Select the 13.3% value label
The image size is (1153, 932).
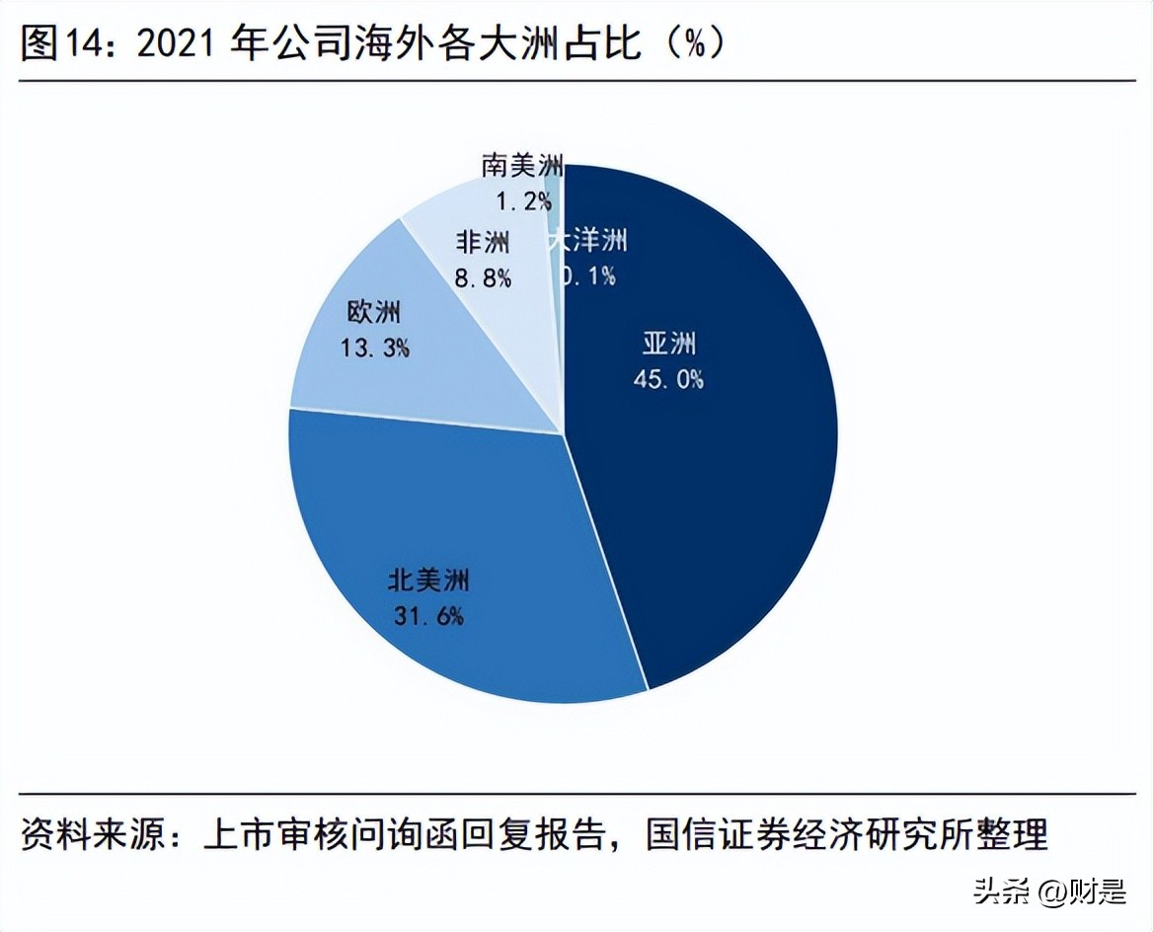(x=374, y=348)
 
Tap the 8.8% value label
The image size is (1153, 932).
(x=483, y=277)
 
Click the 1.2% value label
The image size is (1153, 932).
(x=522, y=201)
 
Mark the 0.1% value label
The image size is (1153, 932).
(x=588, y=275)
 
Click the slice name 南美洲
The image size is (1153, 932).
(x=522, y=165)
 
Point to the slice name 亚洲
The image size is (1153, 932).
(x=670, y=344)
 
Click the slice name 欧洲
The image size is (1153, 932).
(x=374, y=312)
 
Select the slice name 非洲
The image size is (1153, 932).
(x=483, y=243)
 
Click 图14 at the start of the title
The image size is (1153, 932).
(x=64, y=44)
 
